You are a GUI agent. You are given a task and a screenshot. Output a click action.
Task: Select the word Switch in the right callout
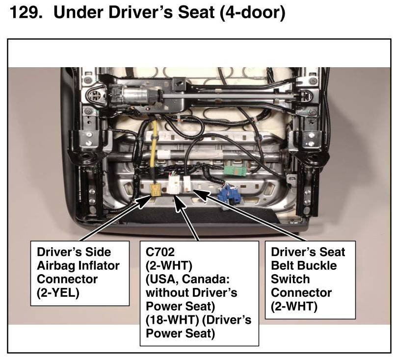[290, 279]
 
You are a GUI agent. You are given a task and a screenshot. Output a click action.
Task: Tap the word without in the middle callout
[167, 293]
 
